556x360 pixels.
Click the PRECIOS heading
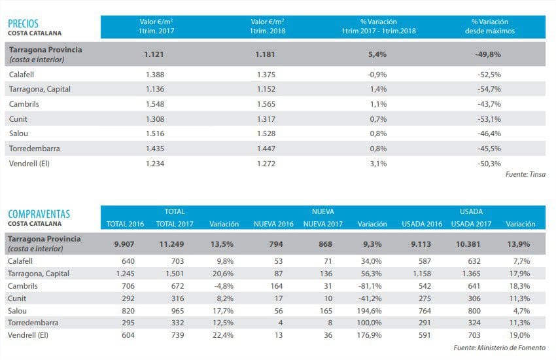coord(24,23)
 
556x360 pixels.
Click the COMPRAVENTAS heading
coord(39,214)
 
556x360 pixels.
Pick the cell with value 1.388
coord(156,75)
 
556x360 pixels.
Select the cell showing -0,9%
coord(378,75)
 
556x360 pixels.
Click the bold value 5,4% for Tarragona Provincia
coord(377,54)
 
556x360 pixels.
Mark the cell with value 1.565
coord(267,104)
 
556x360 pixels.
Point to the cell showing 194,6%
coord(375,311)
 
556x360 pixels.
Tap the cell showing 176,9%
coord(375,335)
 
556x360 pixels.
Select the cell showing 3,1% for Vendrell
coord(378,163)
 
